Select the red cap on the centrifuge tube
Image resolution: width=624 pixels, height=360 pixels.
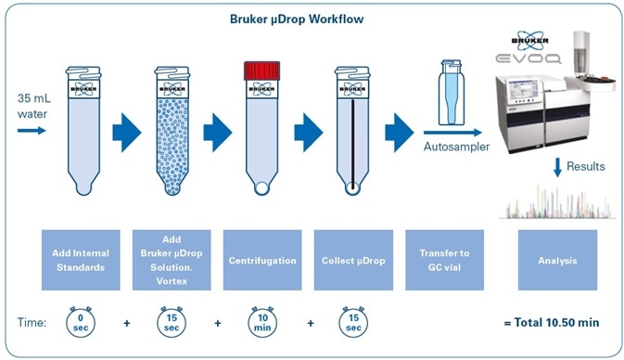coord(261,70)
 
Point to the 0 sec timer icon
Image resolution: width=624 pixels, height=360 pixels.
coord(80,325)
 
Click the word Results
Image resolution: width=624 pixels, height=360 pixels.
coord(586,167)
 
